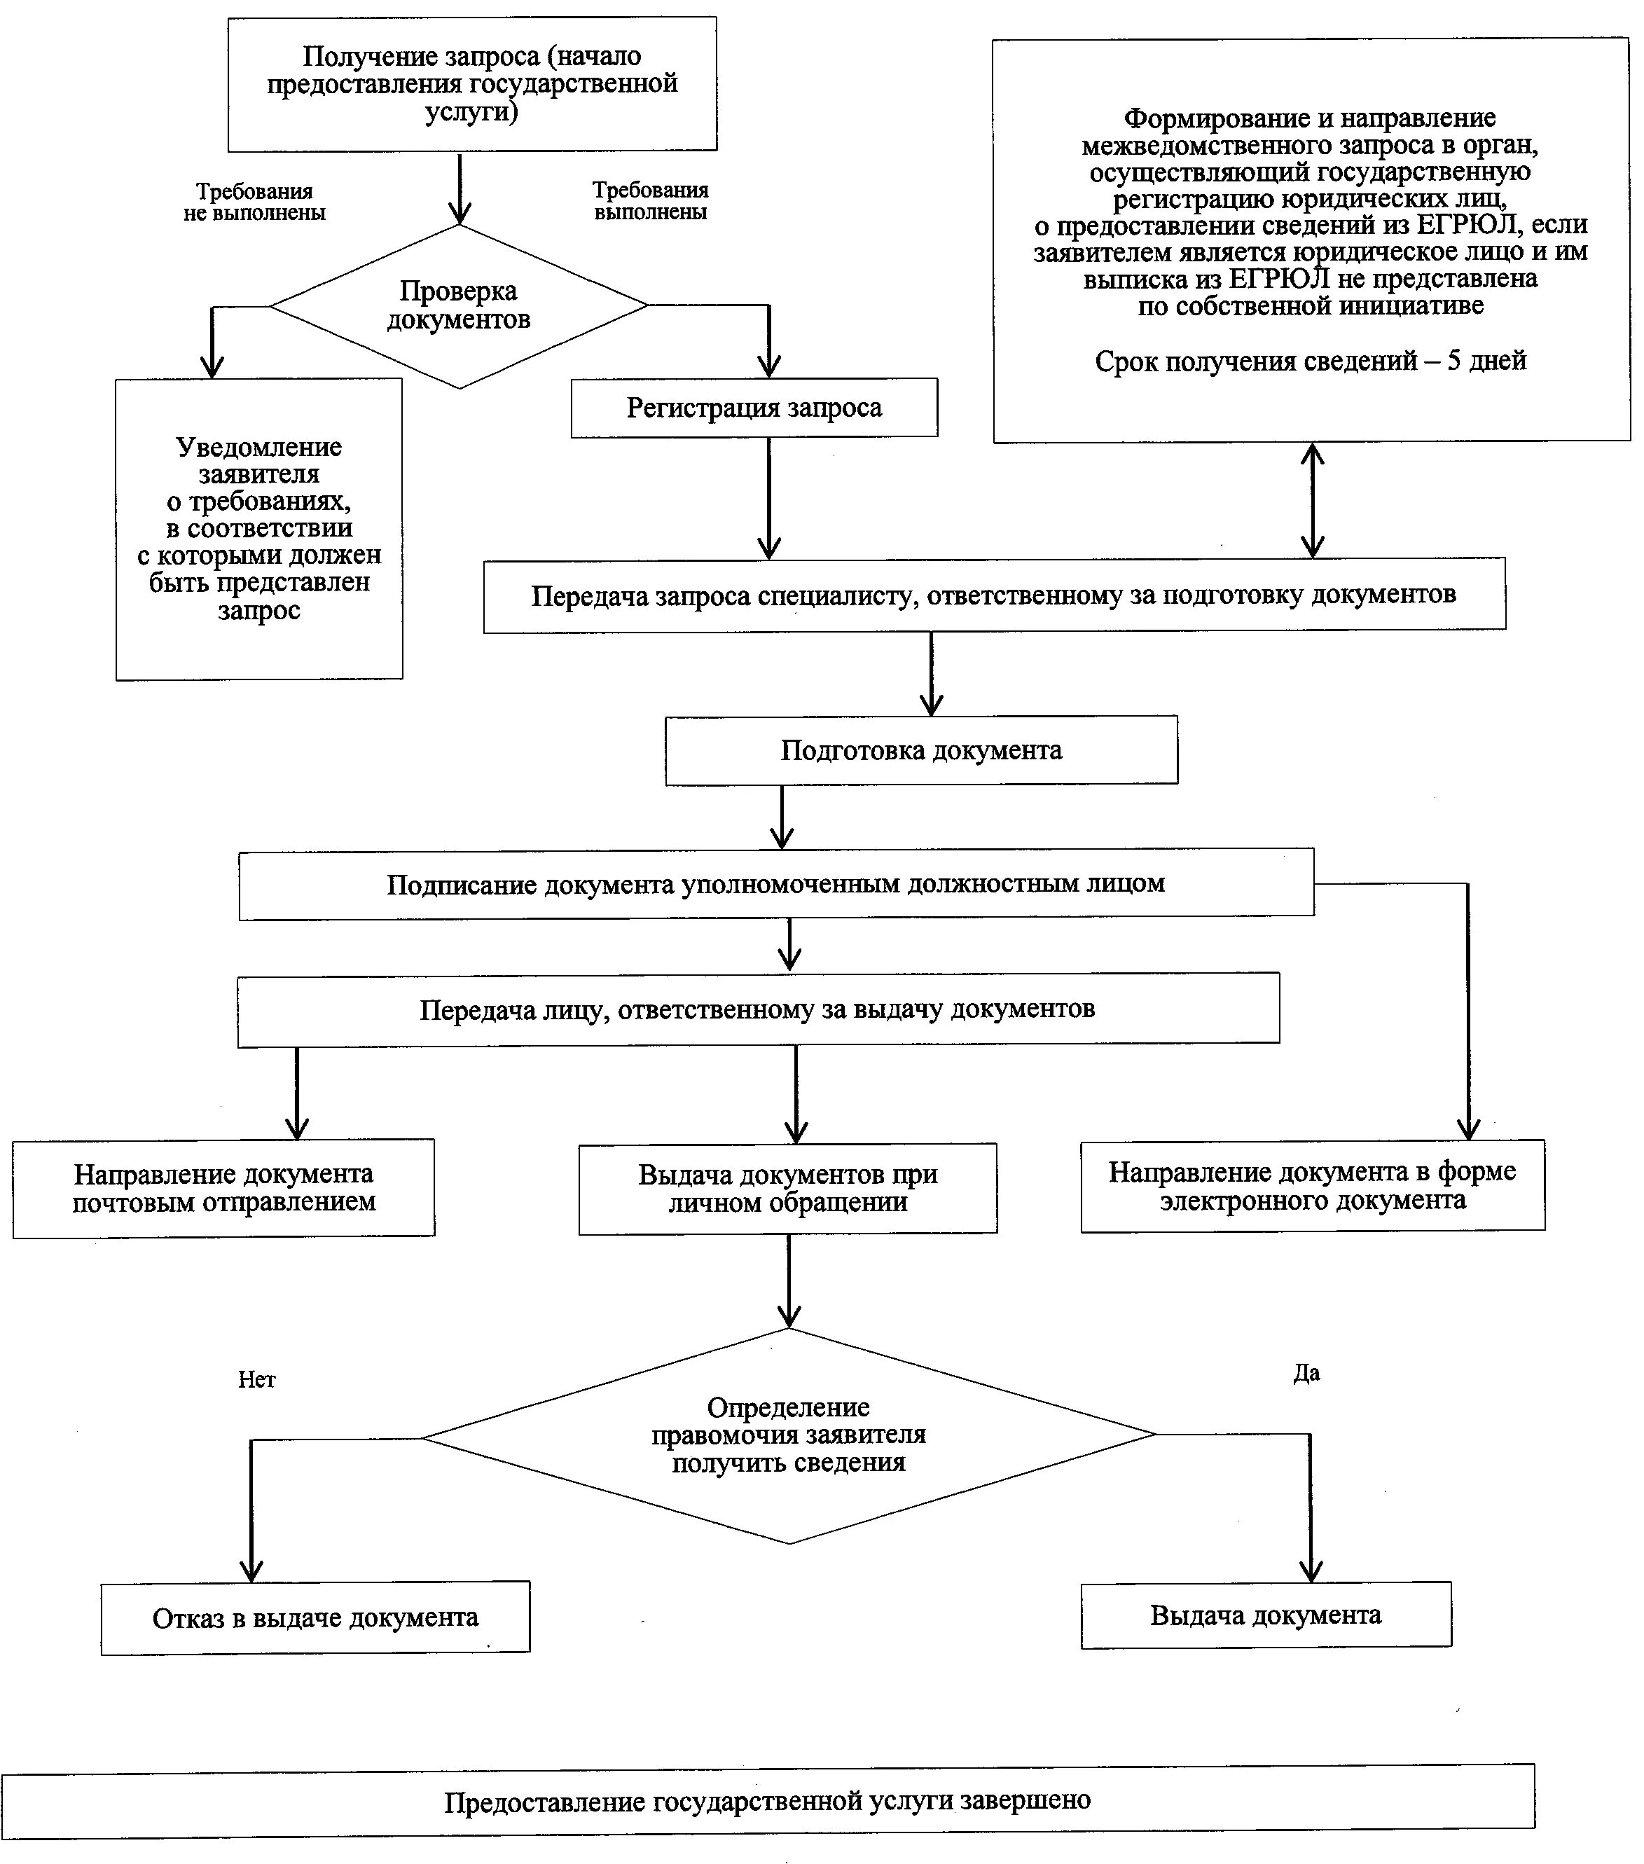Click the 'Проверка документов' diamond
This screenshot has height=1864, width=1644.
coord(459,306)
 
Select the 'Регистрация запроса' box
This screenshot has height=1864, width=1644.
coord(754,408)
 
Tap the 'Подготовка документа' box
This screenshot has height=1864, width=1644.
coord(921,750)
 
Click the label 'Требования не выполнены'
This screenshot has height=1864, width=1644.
coord(254,202)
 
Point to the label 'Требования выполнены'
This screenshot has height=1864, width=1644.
coord(650,200)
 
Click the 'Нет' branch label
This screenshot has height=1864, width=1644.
coord(256,1380)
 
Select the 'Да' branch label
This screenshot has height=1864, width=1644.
coord(1306,1374)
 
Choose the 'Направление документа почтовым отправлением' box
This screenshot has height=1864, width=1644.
coord(223,1188)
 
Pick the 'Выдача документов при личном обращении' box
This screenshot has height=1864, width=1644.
coord(788,1189)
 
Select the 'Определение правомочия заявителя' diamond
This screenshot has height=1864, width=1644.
coord(789,1436)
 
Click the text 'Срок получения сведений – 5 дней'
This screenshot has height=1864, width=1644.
coord(1311,362)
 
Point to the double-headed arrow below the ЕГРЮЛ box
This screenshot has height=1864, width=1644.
coord(1312,499)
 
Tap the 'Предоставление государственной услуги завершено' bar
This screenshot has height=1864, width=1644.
coord(768,1801)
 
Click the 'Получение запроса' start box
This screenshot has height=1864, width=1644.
coord(472,84)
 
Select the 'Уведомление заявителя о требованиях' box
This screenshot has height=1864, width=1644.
coord(259,529)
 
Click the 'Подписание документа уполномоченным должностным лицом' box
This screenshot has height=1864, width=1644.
coord(776,884)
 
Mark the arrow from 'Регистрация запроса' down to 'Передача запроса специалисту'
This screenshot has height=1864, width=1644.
coord(768,498)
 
